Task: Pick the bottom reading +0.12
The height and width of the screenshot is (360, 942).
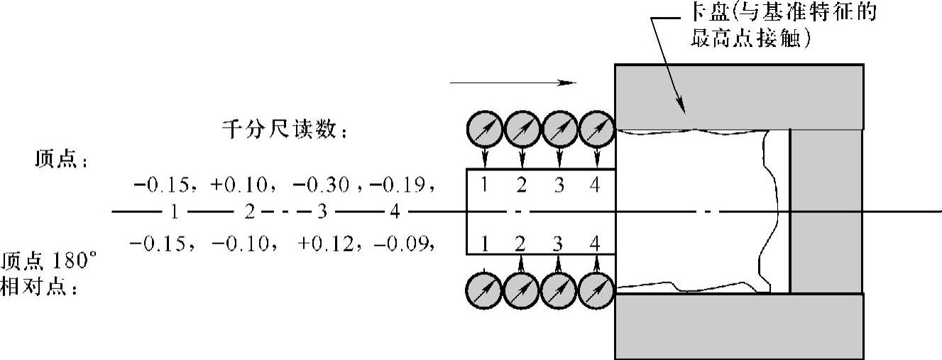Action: (324, 244)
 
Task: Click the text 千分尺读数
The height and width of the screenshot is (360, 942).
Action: (285, 131)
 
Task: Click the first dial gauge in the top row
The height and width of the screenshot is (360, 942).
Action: (484, 131)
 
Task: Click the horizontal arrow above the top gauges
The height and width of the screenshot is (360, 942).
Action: (511, 82)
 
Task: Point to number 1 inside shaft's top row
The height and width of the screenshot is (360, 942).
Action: (483, 185)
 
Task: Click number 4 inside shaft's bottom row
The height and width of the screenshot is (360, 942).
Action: (595, 245)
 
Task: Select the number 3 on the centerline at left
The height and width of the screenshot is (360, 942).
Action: (322, 212)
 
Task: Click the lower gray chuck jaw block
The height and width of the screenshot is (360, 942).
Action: (738, 326)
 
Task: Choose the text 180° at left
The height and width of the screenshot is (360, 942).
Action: (74, 260)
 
